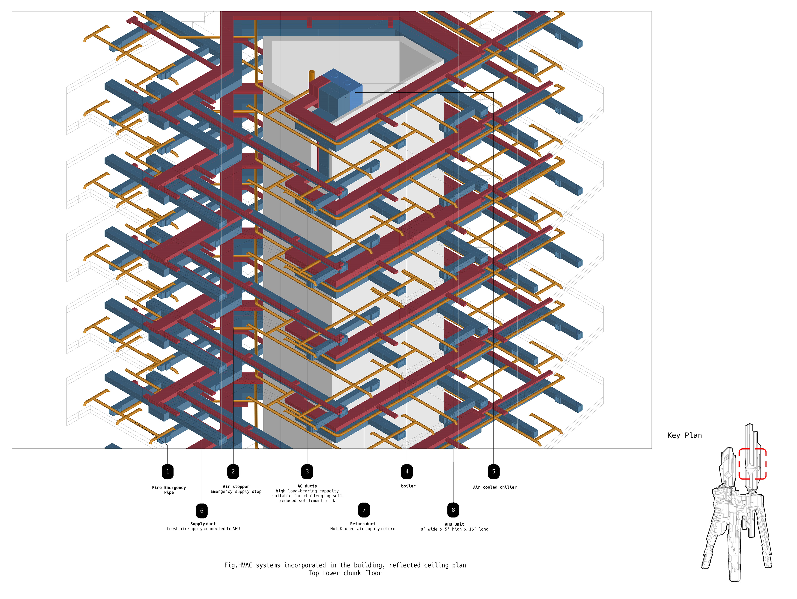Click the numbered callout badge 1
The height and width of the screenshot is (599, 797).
[x=167, y=471]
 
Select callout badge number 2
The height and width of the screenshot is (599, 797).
[x=233, y=471]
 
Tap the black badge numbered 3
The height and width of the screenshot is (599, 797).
[x=307, y=471]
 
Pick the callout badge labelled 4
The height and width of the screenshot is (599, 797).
[x=407, y=471]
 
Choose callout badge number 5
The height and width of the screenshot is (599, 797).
[x=494, y=471]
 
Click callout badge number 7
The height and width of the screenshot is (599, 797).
[x=364, y=510]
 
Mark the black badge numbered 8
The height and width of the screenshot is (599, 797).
[x=453, y=510]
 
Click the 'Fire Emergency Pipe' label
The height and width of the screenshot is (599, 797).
[x=169, y=490]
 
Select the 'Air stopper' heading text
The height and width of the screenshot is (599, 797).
[x=236, y=487]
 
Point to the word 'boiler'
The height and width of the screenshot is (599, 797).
[x=408, y=486]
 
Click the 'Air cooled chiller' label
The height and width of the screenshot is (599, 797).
[x=495, y=487]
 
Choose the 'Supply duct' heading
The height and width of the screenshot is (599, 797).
[x=203, y=524]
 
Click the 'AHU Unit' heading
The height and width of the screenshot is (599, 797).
[x=454, y=525]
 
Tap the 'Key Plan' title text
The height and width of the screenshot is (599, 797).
[x=684, y=436]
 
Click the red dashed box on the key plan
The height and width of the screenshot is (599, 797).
[x=752, y=464]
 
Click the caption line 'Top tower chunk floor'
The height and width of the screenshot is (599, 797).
[x=345, y=573]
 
